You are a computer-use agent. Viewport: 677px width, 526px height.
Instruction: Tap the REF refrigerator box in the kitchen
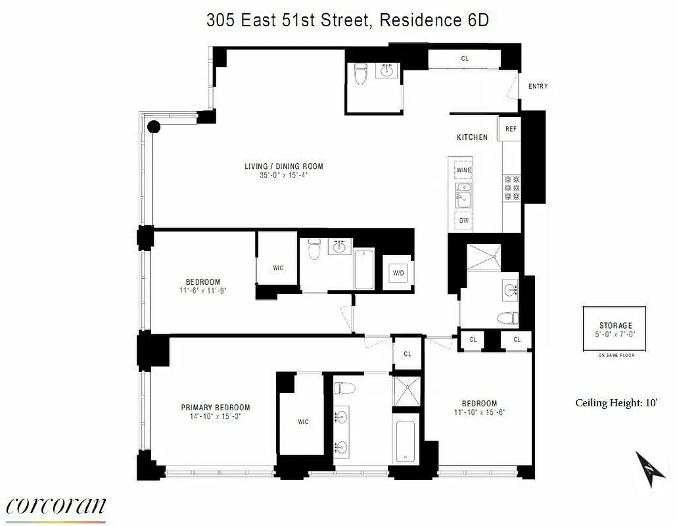(x=510, y=129)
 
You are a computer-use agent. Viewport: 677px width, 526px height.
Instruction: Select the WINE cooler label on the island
(x=464, y=170)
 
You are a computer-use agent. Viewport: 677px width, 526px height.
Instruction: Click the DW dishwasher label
(x=464, y=220)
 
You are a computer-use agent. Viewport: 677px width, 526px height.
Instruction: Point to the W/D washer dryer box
(x=398, y=272)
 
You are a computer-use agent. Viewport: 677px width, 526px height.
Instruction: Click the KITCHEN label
(x=472, y=137)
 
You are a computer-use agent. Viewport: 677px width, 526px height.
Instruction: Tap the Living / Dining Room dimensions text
(x=283, y=176)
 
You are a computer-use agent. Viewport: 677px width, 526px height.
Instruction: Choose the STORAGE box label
(x=615, y=325)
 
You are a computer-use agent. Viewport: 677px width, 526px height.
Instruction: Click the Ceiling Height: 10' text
(x=617, y=403)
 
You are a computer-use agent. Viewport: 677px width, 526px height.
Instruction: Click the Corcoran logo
(x=55, y=506)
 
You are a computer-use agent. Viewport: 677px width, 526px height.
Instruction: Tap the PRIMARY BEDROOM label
(x=216, y=407)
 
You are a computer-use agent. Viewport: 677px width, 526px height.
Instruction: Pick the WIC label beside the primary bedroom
(x=303, y=422)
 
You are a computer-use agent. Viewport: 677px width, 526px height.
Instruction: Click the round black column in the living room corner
(x=154, y=128)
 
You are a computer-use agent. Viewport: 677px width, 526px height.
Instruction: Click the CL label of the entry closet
(x=465, y=59)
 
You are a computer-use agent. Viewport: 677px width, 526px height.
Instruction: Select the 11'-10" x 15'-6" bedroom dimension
(x=479, y=413)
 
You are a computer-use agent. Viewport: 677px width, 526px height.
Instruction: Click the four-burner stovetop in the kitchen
(x=511, y=187)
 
